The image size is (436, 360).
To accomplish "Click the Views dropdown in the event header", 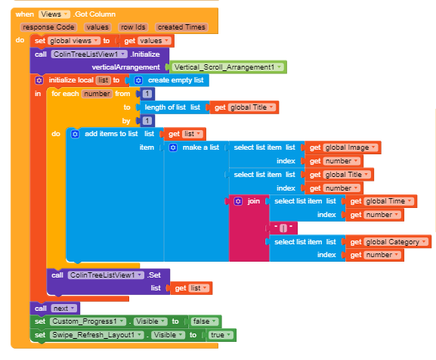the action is pos(54,14).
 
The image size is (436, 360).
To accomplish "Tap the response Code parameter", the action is pos(48,27).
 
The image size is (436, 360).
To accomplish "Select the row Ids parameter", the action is pos(133,27).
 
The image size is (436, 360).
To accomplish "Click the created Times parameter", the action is pos(181,27).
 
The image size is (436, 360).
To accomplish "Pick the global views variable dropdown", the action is pos(74,41).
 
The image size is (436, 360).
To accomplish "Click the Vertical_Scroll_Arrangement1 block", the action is pos(228,67).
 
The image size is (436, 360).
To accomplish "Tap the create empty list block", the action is pos(169,80).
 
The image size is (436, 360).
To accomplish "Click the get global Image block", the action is pos(342,147).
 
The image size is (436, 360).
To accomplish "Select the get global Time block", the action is pos(381,201).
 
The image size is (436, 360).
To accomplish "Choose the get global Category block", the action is pos(388,242).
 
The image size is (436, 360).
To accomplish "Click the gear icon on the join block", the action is pos(238,201).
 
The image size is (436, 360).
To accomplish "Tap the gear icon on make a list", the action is pos(173,147).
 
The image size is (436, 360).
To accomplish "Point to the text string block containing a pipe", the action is pos(283,228).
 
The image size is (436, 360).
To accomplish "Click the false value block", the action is pos(205,321).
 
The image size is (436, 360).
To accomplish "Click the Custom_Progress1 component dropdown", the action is pos(88,321).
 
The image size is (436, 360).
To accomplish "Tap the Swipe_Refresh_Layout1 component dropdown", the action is pos(97,335).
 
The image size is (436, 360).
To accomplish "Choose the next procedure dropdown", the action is pos(63,309).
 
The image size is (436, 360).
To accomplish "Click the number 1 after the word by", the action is pos(147,121).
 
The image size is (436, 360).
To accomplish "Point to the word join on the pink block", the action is pos(254,201).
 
